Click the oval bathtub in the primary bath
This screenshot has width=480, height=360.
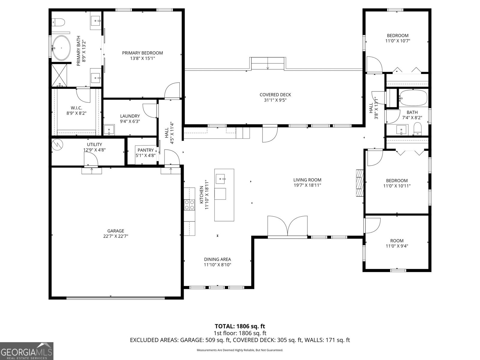61,48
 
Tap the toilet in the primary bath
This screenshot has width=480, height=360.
59,22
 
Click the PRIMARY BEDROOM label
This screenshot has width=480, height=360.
142,53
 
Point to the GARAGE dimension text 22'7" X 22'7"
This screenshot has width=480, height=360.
116,236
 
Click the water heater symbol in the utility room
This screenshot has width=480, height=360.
57,145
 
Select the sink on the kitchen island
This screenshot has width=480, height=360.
222,179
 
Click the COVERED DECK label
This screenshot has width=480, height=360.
275,95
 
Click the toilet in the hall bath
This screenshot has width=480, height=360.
417,129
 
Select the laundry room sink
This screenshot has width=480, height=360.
109,130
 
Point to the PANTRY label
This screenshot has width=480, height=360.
145,150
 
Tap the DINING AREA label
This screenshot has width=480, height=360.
217,259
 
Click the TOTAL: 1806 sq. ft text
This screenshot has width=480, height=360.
240,326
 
